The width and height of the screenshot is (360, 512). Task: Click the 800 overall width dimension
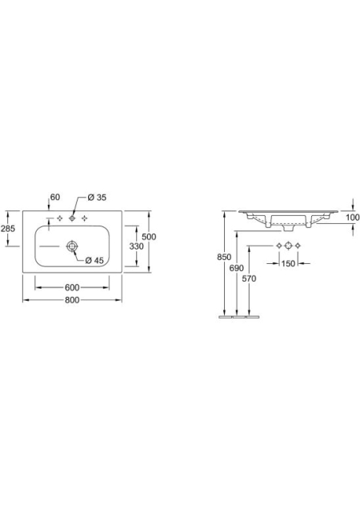click(72, 300)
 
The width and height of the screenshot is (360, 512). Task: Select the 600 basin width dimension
click(72, 287)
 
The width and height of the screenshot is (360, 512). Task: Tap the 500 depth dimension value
click(149, 237)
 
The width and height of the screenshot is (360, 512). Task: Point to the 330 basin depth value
click(136, 246)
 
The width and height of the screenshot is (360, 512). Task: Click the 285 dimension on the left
click(8, 229)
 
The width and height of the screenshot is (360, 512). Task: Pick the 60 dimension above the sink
click(55, 197)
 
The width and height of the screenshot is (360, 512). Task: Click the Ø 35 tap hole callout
click(97, 198)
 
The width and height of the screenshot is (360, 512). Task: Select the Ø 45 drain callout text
click(94, 260)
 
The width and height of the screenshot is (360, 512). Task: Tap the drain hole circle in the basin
click(72, 246)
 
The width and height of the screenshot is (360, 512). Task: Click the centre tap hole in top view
click(72, 218)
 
